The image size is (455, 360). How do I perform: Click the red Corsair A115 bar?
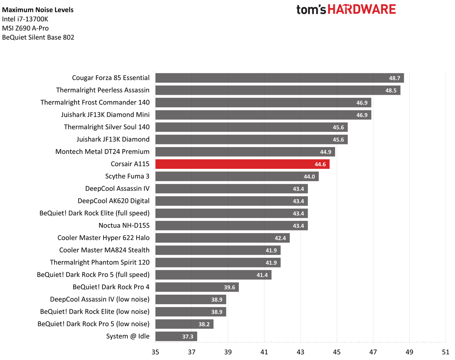click(x=242, y=164)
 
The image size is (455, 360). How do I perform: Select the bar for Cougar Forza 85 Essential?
click(x=279, y=78)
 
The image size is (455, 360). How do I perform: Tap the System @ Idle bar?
click(x=176, y=336)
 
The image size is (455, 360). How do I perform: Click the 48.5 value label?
click(x=391, y=90)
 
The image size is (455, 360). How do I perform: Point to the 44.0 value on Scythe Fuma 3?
click(x=309, y=176)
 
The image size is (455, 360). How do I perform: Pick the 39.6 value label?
click(x=229, y=287)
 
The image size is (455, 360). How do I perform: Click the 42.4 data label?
click(x=281, y=238)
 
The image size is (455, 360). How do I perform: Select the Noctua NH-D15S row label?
click(x=124, y=225)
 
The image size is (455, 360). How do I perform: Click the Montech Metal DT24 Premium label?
click(x=102, y=151)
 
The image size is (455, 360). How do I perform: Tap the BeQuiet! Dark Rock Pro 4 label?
click(x=111, y=287)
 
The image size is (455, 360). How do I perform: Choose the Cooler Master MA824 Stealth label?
click(x=104, y=250)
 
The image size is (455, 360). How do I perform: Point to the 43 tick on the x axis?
click(x=300, y=351)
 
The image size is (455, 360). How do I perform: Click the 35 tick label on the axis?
click(x=155, y=351)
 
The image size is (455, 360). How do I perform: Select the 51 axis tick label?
click(x=445, y=351)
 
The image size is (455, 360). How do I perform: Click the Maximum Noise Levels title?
click(x=38, y=10)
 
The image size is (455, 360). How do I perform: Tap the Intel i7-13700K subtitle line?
click(x=25, y=19)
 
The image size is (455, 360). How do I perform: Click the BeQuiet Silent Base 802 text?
click(x=38, y=37)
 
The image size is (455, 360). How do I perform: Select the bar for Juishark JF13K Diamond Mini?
click(x=263, y=115)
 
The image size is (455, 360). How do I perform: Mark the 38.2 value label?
click(x=204, y=324)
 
